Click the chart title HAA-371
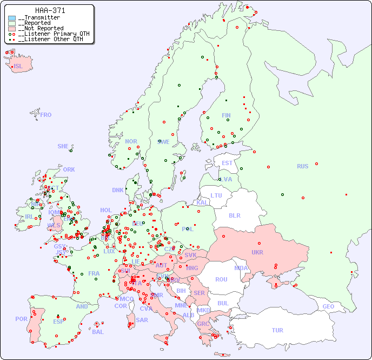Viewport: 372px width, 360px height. click(50, 10)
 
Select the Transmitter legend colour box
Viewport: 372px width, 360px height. click(12, 18)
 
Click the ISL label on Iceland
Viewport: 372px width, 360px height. click(18, 67)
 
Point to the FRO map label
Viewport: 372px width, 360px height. click(45, 115)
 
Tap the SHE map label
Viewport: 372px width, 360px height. click(63, 146)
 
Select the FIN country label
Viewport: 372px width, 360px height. click(226, 115)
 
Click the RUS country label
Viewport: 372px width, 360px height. click(302, 166)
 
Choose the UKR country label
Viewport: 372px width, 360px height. click(257, 252)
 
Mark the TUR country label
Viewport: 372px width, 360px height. click(277, 330)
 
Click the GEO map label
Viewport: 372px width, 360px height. click(328, 306)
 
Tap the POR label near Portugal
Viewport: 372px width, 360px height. click(21, 319)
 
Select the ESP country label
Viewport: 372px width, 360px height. click(58, 321)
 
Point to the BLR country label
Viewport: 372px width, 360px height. click(234, 215)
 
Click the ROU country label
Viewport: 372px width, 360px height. click(221, 279)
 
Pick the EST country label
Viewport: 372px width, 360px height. click(227, 163)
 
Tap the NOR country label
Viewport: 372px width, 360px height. click(131, 141)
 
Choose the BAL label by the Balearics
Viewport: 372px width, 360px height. click(97, 332)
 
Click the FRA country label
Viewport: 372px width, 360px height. click(94, 273)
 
